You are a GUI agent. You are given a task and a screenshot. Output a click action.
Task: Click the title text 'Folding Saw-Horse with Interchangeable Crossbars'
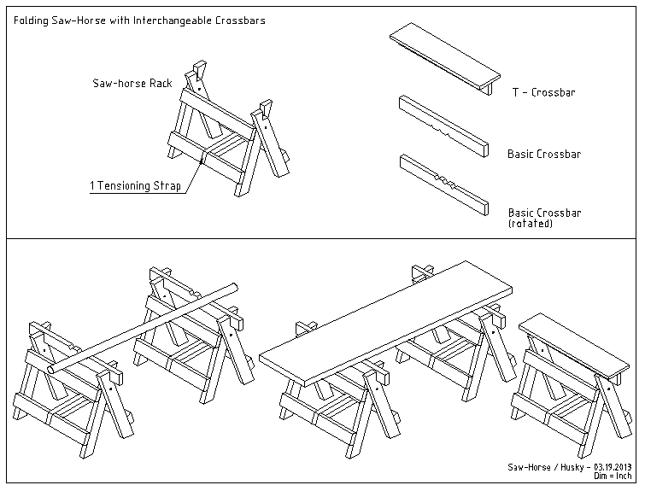(x=139, y=19)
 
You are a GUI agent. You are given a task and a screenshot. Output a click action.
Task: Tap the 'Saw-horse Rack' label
(x=132, y=84)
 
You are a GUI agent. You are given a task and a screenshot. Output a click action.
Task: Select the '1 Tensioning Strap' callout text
(x=136, y=185)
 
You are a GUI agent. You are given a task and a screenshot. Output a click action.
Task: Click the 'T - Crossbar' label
(x=542, y=92)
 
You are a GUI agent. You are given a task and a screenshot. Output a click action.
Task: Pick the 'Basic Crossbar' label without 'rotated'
(x=544, y=155)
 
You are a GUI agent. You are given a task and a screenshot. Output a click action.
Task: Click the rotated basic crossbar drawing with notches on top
(x=443, y=185)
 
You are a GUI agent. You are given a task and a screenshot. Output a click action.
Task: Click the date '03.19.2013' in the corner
(x=609, y=467)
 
